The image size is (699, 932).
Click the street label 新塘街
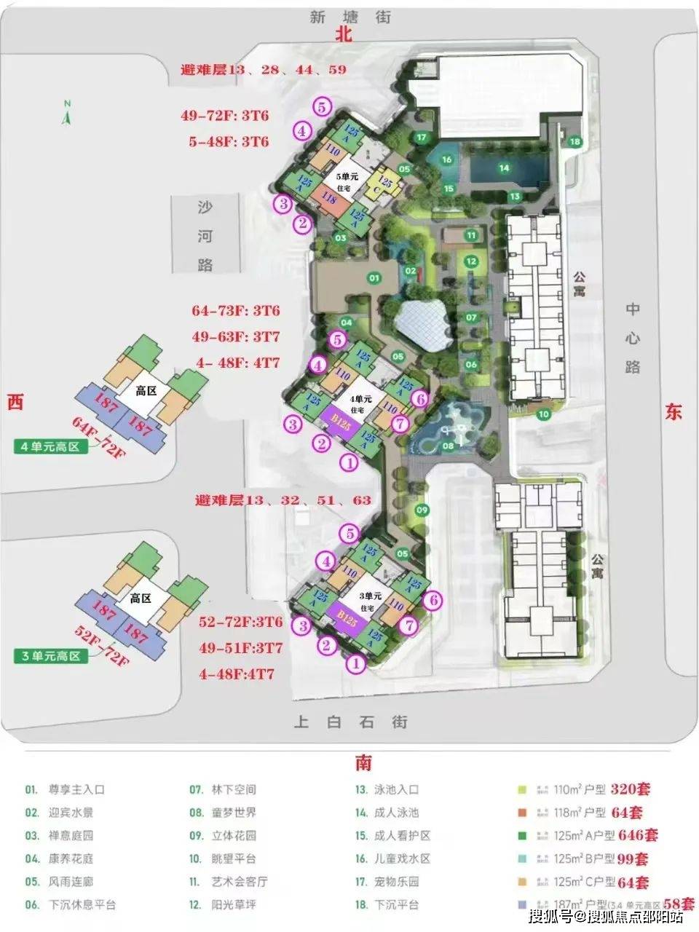click(x=350, y=17)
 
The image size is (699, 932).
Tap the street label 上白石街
click(x=350, y=722)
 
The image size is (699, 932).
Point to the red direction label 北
click(x=344, y=35)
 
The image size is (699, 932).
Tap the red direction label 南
click(x=363, y=762)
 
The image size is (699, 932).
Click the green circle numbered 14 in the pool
click(x=503, y=168)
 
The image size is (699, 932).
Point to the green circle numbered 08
click(x=448, y=445)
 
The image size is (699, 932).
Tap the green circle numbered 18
click(x=575, y=141)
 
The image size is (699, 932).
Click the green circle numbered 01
click(x=374, y=277)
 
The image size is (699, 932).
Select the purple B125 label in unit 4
click(x=337, y=422)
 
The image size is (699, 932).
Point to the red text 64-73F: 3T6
click(x=236, y=311)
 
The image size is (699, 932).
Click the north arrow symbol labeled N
click(x=67, y=114)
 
